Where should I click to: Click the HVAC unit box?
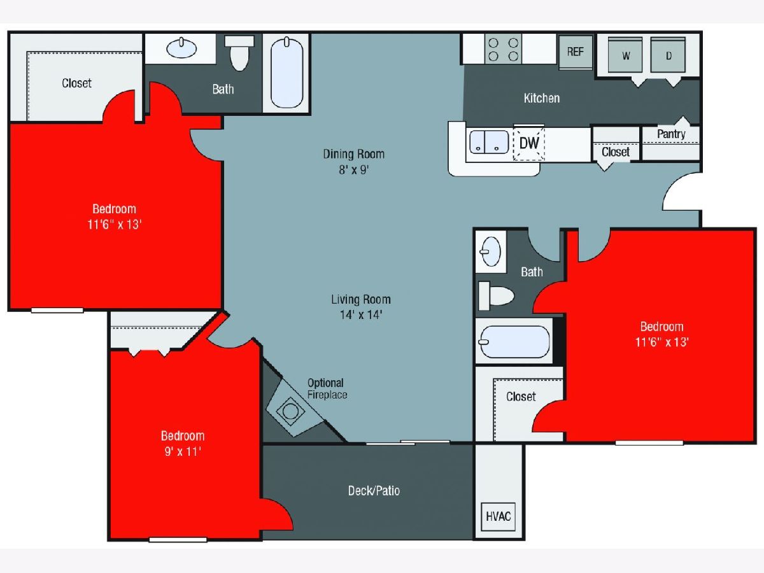point(498,516)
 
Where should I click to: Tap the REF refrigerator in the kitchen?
point(575,52)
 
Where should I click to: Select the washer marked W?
point(625,55)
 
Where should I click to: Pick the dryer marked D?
point(668,55)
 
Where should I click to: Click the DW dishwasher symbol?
point(529,143)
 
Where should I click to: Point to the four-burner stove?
point(503,49)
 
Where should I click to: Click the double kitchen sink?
point(489,142)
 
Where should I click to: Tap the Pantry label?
point(671,134)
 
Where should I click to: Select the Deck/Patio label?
point(374,490)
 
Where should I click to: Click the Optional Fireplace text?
point(327,388)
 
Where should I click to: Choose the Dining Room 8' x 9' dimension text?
point(353,170)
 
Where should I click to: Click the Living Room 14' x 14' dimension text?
point(361,315)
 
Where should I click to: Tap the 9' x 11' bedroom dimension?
point(183,451)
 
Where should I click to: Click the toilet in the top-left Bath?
point(239,53)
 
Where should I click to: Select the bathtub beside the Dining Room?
point(286,73)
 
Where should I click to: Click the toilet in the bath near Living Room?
point(496,295)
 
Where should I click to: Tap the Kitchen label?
point(542,98)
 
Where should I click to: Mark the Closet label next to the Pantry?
point(616,152)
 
